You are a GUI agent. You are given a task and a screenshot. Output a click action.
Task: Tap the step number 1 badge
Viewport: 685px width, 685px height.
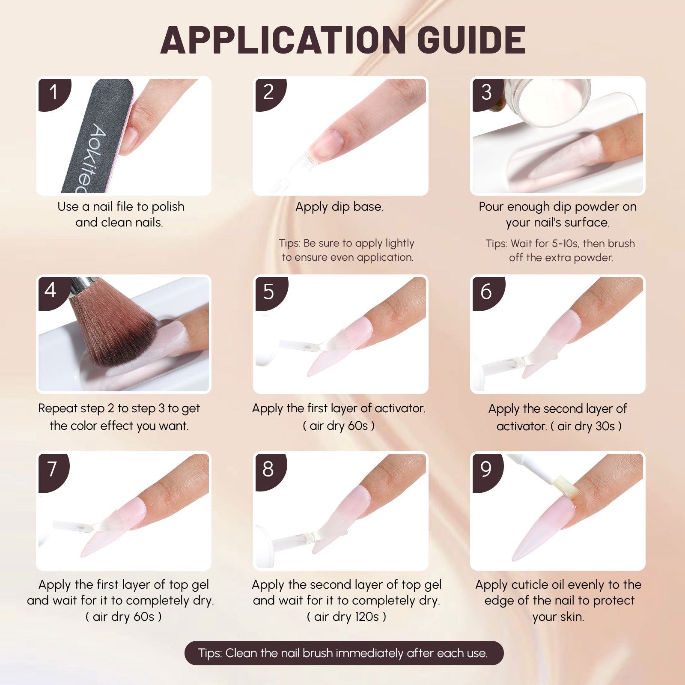[x=53, y=93]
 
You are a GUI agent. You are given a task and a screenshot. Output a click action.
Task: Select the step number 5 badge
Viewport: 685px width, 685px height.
[x=270, y=292]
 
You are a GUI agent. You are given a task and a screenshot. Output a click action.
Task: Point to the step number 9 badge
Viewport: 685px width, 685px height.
[x=486, y=469]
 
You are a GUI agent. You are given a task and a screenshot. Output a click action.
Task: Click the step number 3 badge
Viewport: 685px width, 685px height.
[x=486, y=93]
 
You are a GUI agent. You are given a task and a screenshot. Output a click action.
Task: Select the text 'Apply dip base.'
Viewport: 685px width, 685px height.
[x=340, y=207]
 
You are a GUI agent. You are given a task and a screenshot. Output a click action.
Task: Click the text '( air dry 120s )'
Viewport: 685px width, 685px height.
[x=347, y=616]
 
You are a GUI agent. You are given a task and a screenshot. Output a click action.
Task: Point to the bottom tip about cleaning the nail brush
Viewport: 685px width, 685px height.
[x=344, y=653]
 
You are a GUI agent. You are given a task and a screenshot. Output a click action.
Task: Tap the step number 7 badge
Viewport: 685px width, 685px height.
[x=53, y=469]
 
